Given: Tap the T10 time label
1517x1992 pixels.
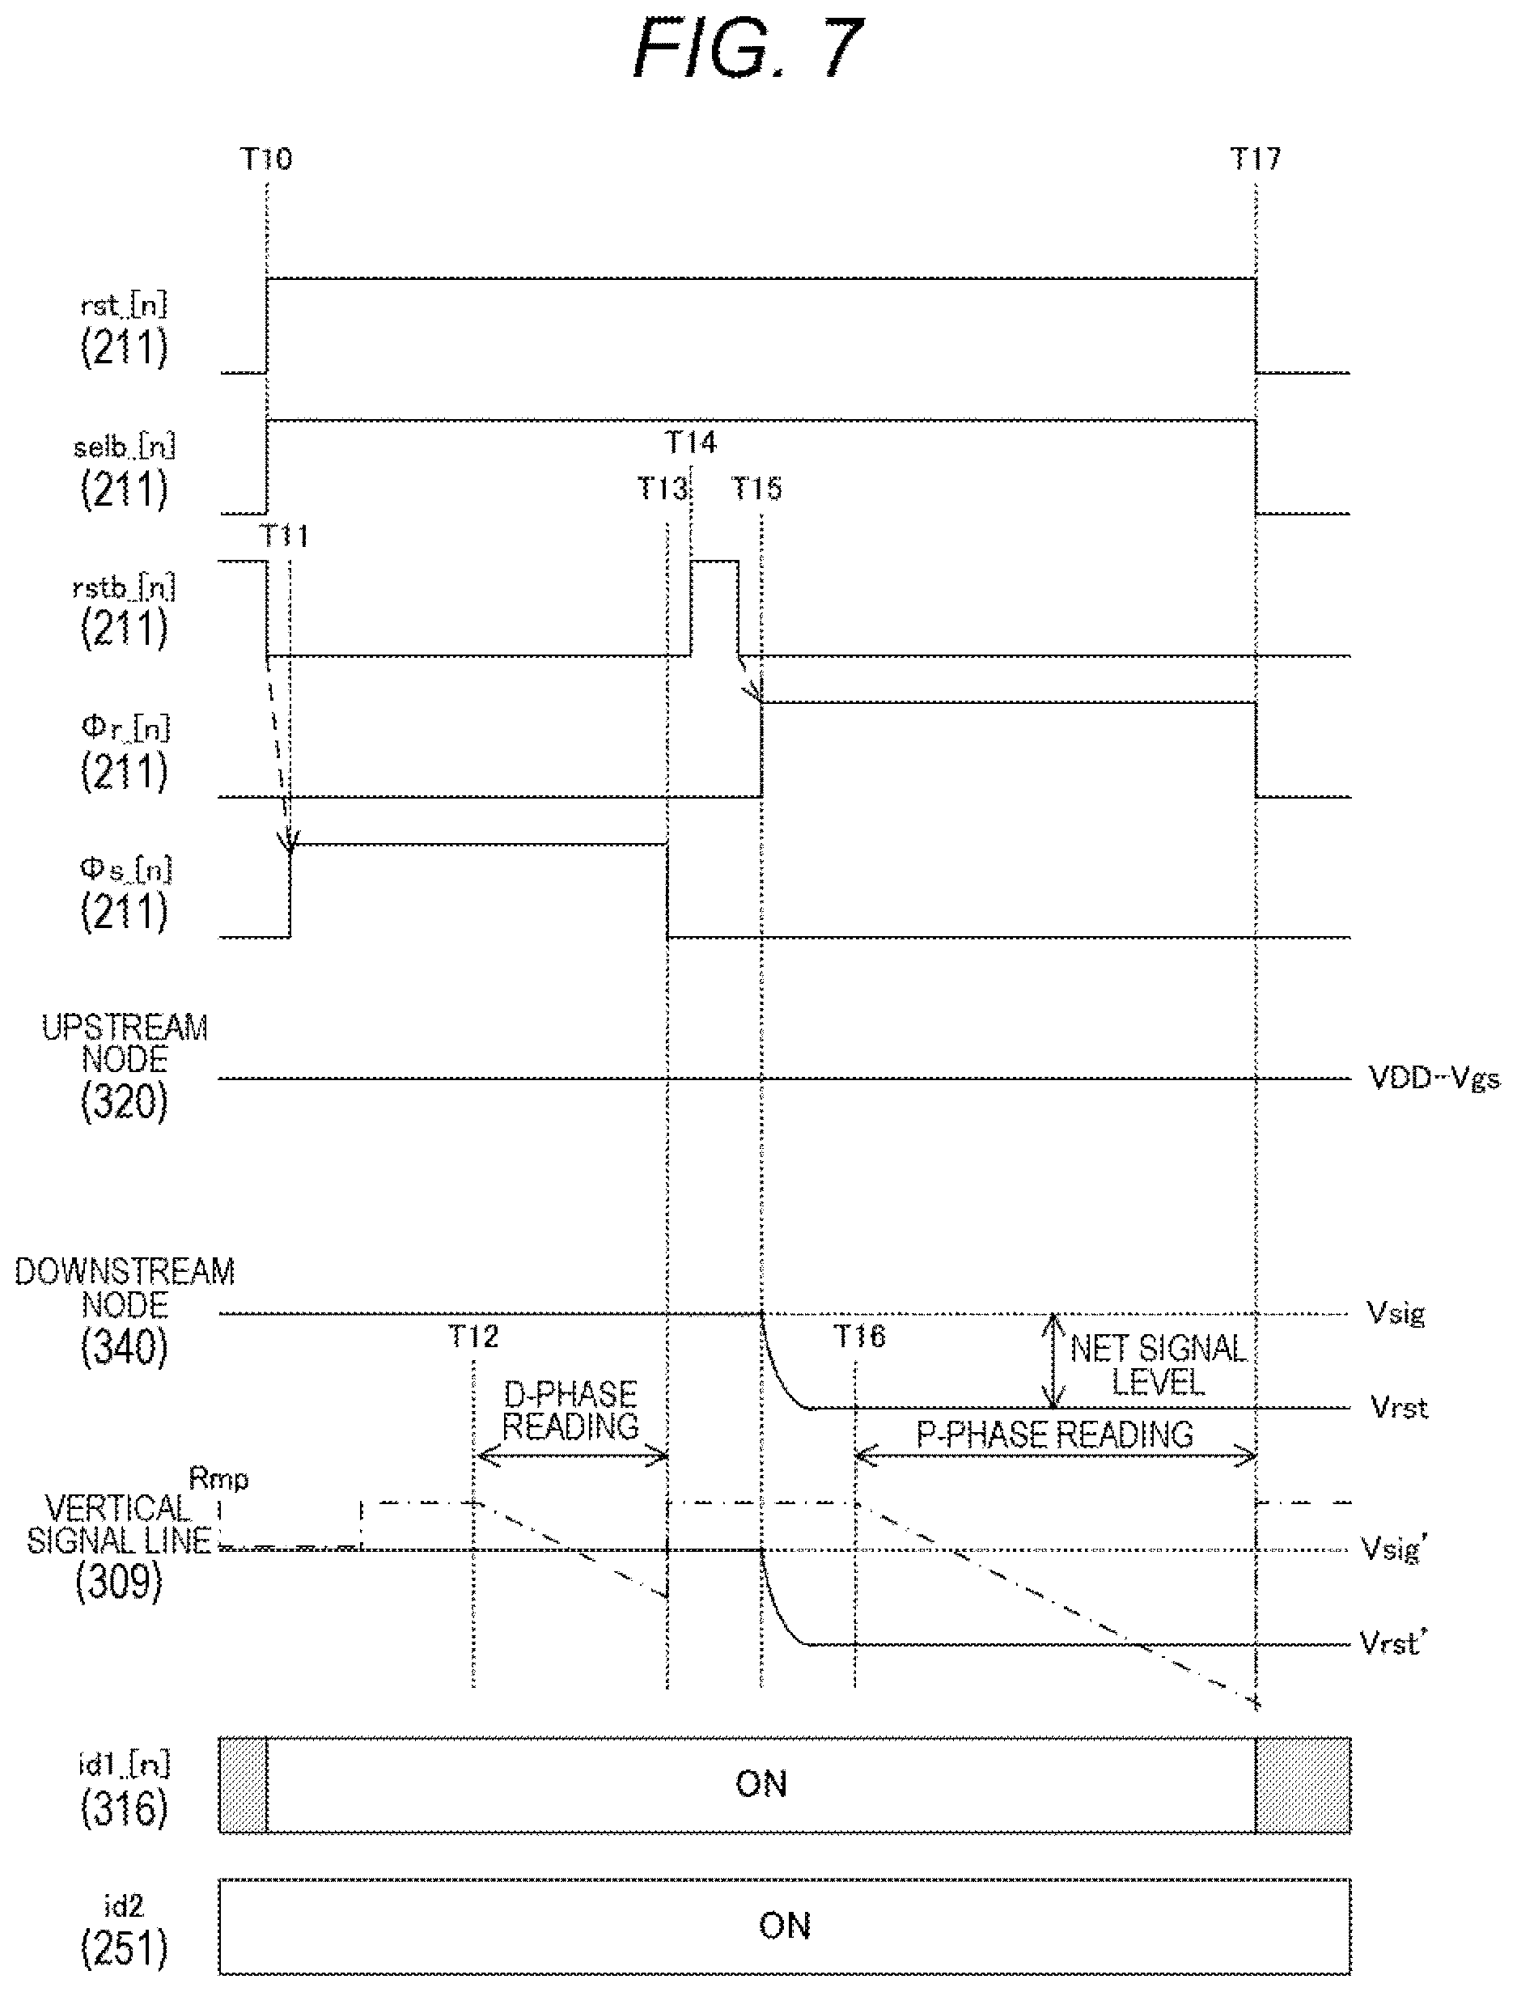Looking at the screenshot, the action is click(266, 160).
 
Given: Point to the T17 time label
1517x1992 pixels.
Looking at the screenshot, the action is click(1256, 160).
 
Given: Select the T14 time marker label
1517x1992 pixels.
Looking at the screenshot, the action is click(691, 443).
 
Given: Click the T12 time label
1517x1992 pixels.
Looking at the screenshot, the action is click(473, 1336).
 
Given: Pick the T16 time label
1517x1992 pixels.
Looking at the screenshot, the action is click(859, 1336).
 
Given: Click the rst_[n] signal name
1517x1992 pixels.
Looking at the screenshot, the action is click(124, 305).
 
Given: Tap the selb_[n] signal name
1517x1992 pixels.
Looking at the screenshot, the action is click(124, 447).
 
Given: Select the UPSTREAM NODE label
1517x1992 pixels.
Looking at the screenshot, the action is click(125, 1044).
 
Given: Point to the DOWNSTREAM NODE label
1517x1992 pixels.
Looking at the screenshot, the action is click(125, 1289).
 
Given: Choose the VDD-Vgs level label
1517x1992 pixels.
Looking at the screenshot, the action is click(1434, 1079).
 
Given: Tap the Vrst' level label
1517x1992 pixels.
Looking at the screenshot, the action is click(1392, 1642).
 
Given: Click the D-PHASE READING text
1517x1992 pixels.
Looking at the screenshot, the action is click(570, 1410).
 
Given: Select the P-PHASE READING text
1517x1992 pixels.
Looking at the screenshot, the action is click(1055, 1435).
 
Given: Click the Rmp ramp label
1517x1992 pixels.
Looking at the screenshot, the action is click(218, 1479).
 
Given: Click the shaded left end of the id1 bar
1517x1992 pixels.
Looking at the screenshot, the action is click(243, 1785).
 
